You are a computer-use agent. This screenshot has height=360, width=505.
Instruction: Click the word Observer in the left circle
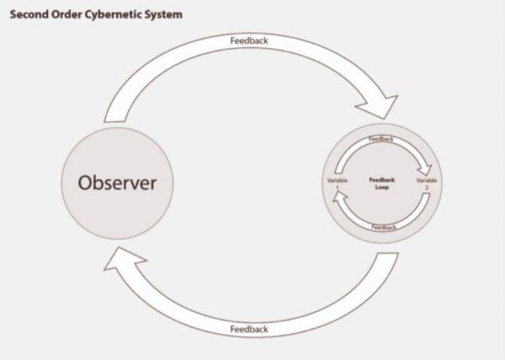coord(118,183)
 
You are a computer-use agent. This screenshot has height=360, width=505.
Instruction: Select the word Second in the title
coord(28,14)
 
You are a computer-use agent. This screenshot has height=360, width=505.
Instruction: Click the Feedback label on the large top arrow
coord(249,40)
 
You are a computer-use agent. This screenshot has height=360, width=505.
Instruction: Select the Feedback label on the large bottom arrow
coord(249,329)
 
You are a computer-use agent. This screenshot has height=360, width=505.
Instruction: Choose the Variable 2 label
coord(427,183)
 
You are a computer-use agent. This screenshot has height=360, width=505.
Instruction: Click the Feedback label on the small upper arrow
coord(381,139)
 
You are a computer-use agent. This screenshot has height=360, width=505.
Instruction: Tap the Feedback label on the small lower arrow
coord(384,227)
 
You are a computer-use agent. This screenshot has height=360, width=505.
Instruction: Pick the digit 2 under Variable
coord(427,188)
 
